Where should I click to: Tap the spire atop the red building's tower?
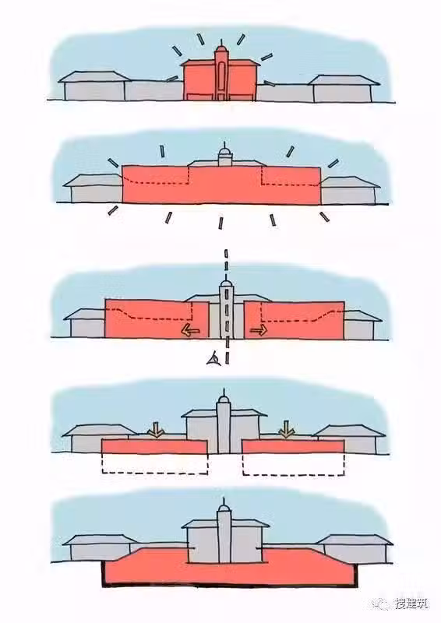point(221,43)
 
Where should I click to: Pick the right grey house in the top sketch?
point(344,89)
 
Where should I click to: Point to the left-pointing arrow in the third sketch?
point(190,330)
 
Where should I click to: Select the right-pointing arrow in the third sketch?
point(259,330)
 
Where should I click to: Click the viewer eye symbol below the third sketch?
point(213,359)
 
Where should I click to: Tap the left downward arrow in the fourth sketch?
point(157,430)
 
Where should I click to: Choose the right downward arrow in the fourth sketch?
point(286,429)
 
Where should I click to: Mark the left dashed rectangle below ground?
point(155,463)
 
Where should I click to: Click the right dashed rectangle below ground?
point(294,464)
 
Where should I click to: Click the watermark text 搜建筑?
point(411,604)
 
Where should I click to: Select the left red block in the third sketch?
point(157,319)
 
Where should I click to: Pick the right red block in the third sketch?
point(295,320)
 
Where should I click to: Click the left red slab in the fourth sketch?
point(155,446)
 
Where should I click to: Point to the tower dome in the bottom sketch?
point(224,509)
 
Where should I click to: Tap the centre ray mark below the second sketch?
point(220,223)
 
